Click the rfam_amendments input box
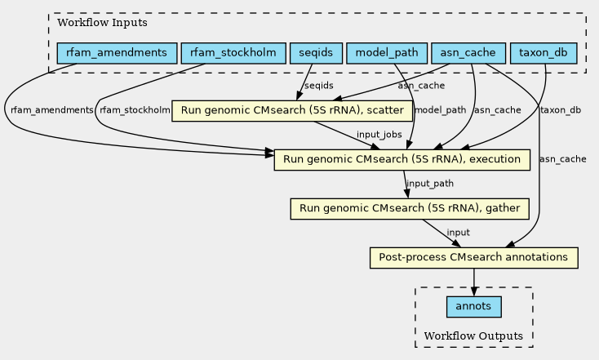[117, 53]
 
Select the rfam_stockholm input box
[233, 53]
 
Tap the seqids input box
[316, 53]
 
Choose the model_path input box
[387, 53]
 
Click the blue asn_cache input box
[468, 53]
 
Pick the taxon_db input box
[544, 53]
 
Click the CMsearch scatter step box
[292, 111]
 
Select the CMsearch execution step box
[402, 160]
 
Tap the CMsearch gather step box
[410, 209]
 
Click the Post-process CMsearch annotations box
[473, 258]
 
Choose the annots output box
[473, 306]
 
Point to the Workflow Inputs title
[102, 23]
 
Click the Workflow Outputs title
[473, 336]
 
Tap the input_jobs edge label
[379, 135]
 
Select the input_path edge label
[430, 184]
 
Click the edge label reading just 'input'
[458, 233]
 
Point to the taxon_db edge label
[561, 110]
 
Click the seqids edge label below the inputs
[319, 86]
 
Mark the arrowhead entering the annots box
[473, 291]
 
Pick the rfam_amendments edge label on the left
[52, 110]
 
